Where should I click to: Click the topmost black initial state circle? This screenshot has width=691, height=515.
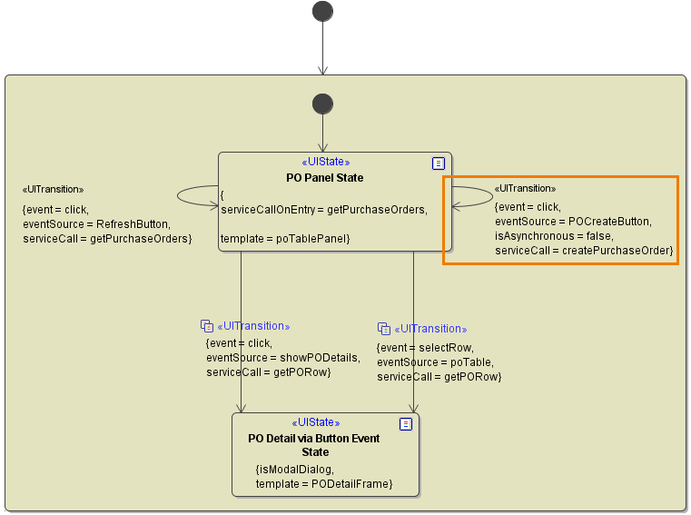[x=322, y=11]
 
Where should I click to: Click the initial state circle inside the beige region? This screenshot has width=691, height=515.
[x=322, y=104]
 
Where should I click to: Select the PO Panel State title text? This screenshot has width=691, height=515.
[x=324, y=177]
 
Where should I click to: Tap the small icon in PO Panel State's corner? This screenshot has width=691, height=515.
[x=439, y=163]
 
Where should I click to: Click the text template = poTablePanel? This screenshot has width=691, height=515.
[x=285, y=238]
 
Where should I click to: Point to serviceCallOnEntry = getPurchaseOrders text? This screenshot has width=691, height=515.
[x=324, y=210]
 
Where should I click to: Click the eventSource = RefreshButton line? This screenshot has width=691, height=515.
[x=96, y=223]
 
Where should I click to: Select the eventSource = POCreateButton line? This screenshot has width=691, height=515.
[x=573, y=221]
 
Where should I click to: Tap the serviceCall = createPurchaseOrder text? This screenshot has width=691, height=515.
[x=583, y=250]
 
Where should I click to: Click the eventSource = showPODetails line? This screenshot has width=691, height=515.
[x=283, y=358]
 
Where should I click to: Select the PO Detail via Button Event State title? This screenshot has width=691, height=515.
[x=314, y=445]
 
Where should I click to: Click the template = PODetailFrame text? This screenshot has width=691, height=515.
[x=324, y=484]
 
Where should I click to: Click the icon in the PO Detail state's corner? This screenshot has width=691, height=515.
[x=406, y=424]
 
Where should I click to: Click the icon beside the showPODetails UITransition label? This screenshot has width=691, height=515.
[x=207, y=326]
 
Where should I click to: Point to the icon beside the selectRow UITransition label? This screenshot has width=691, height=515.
[x=383, y=329]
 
